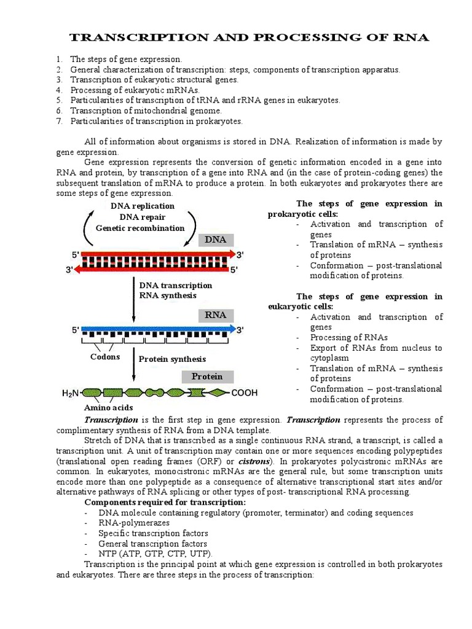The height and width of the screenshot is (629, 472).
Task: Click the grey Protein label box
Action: tap(206, 376)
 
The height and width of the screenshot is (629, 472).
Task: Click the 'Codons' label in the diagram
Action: tap(105, 357)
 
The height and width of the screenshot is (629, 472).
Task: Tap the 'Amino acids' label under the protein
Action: tap(108, 407)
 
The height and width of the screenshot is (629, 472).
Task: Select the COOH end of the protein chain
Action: tap(244, 393)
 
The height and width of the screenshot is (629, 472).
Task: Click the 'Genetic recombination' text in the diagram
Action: tap(140, 228)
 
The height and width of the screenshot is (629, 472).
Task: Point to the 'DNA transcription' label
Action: tap(176, 286)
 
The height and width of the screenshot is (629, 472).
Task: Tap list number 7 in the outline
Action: tap(59, 122)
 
